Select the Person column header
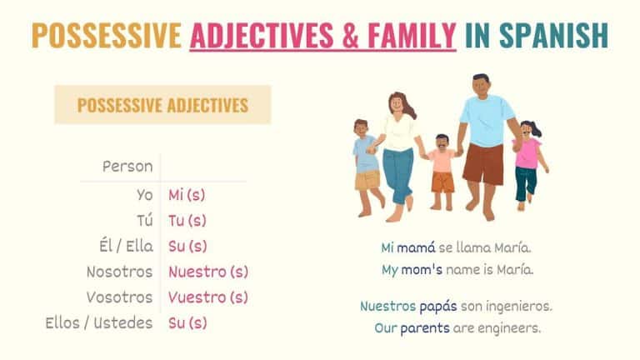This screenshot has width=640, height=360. click(x=127, y=167)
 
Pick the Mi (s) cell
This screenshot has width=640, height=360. click(x=187, y=196)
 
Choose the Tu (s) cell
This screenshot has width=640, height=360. click(x=187, y=221)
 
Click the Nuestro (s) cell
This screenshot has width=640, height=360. click(x=208, y=272)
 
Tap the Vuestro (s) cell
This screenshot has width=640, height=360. click(x=208, y=297)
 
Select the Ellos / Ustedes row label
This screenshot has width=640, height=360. click(x=99, y=322)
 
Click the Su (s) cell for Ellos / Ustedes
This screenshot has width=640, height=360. click(x=187, y=322)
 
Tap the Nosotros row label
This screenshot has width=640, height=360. click(x=120, y=272)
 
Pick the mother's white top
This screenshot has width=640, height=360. click(x=398, y=133)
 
